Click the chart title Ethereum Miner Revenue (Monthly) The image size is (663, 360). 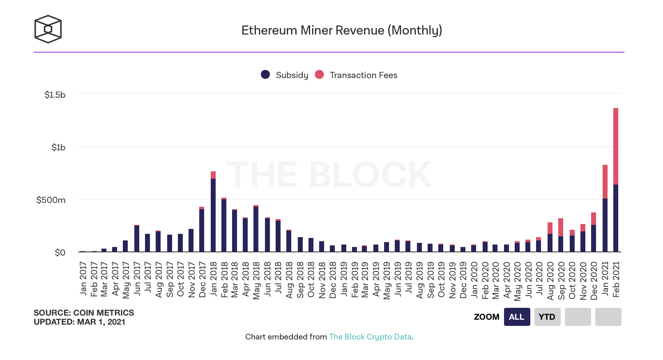(341, 30)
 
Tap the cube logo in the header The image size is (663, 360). (48, 29)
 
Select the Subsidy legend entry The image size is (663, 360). (285, 75)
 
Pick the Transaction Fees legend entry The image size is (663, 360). (357, 75)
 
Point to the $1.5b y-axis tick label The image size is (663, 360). (55, 95)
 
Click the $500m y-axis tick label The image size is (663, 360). (51, 200)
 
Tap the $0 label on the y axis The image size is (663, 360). (60, 253)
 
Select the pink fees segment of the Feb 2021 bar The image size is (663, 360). (616, 146)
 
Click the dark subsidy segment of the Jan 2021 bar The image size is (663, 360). (605, 225)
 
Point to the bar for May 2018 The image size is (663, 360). (256, 229)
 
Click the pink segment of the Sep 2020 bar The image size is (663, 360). (561, 227)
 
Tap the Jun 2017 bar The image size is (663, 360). (137, 239)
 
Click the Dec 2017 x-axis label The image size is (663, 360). (203, 279)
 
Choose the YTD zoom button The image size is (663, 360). (547, 317)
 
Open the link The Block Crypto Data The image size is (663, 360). (370, 337)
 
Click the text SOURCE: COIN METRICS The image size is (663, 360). (84, 313)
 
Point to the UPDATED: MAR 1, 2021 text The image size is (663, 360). (79, 322)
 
